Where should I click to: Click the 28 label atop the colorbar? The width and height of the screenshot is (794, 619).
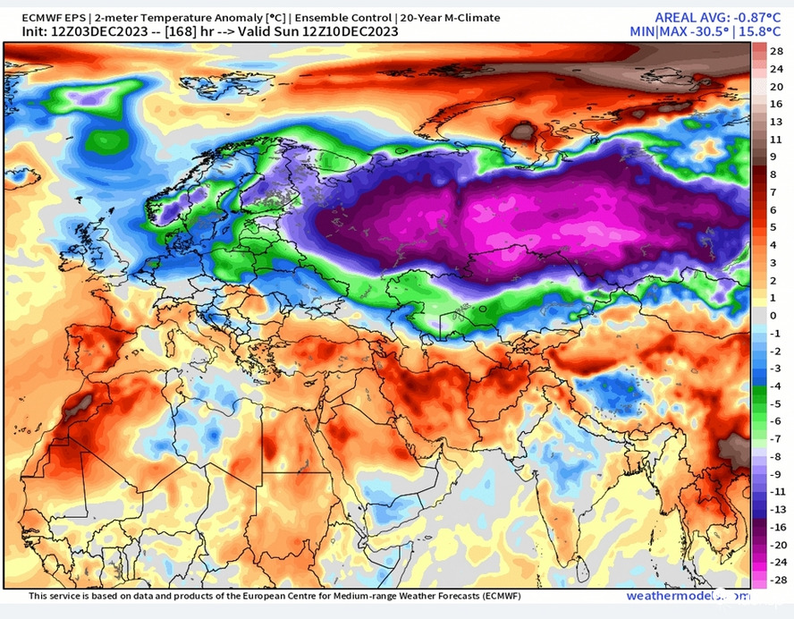tap(776, 53)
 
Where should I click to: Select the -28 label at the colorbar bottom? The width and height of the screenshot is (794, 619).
tap(777, 579)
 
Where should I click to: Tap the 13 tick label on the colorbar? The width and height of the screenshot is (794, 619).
tap(776, 123)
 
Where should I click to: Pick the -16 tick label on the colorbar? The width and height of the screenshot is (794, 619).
tap(777, 527)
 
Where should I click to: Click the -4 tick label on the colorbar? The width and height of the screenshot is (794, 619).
tap(775, 386)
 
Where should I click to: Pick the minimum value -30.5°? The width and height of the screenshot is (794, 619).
tap(710, 31)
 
